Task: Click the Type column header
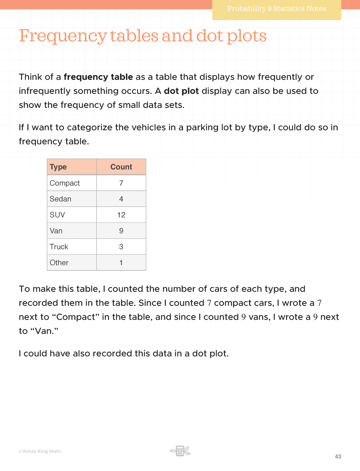(x=58, y=167)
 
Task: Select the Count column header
(x=121, y=167)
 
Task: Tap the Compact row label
(x=64, y=183)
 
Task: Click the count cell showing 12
(x=121, y=215)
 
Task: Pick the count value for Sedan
(x=121, y=199)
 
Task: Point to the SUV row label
(x=57, y=215)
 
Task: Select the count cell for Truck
(x=121, y=247)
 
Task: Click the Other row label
(x=59, y=263)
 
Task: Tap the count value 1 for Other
(x=121, y=263)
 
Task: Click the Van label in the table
(x=56, y=231)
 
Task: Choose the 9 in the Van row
(x=121, y=231)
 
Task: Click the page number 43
(x=338, y=457)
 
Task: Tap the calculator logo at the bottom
(x=180, y=451)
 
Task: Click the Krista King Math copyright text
(x=40, y=451)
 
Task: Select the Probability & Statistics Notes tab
(x=276, y=9)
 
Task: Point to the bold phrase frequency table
(x=98, y=77)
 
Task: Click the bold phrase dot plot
(x=181, y=91)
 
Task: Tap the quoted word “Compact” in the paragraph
(x=78, y=317)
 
